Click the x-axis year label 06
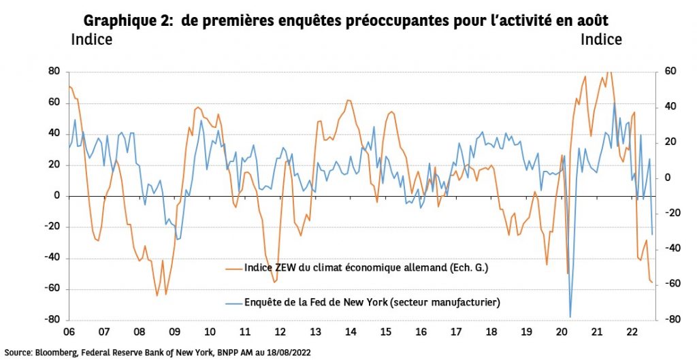69,333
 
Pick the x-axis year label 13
315,333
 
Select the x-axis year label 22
632,333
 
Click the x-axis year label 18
491,333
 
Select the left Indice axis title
91,40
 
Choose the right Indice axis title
601,40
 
